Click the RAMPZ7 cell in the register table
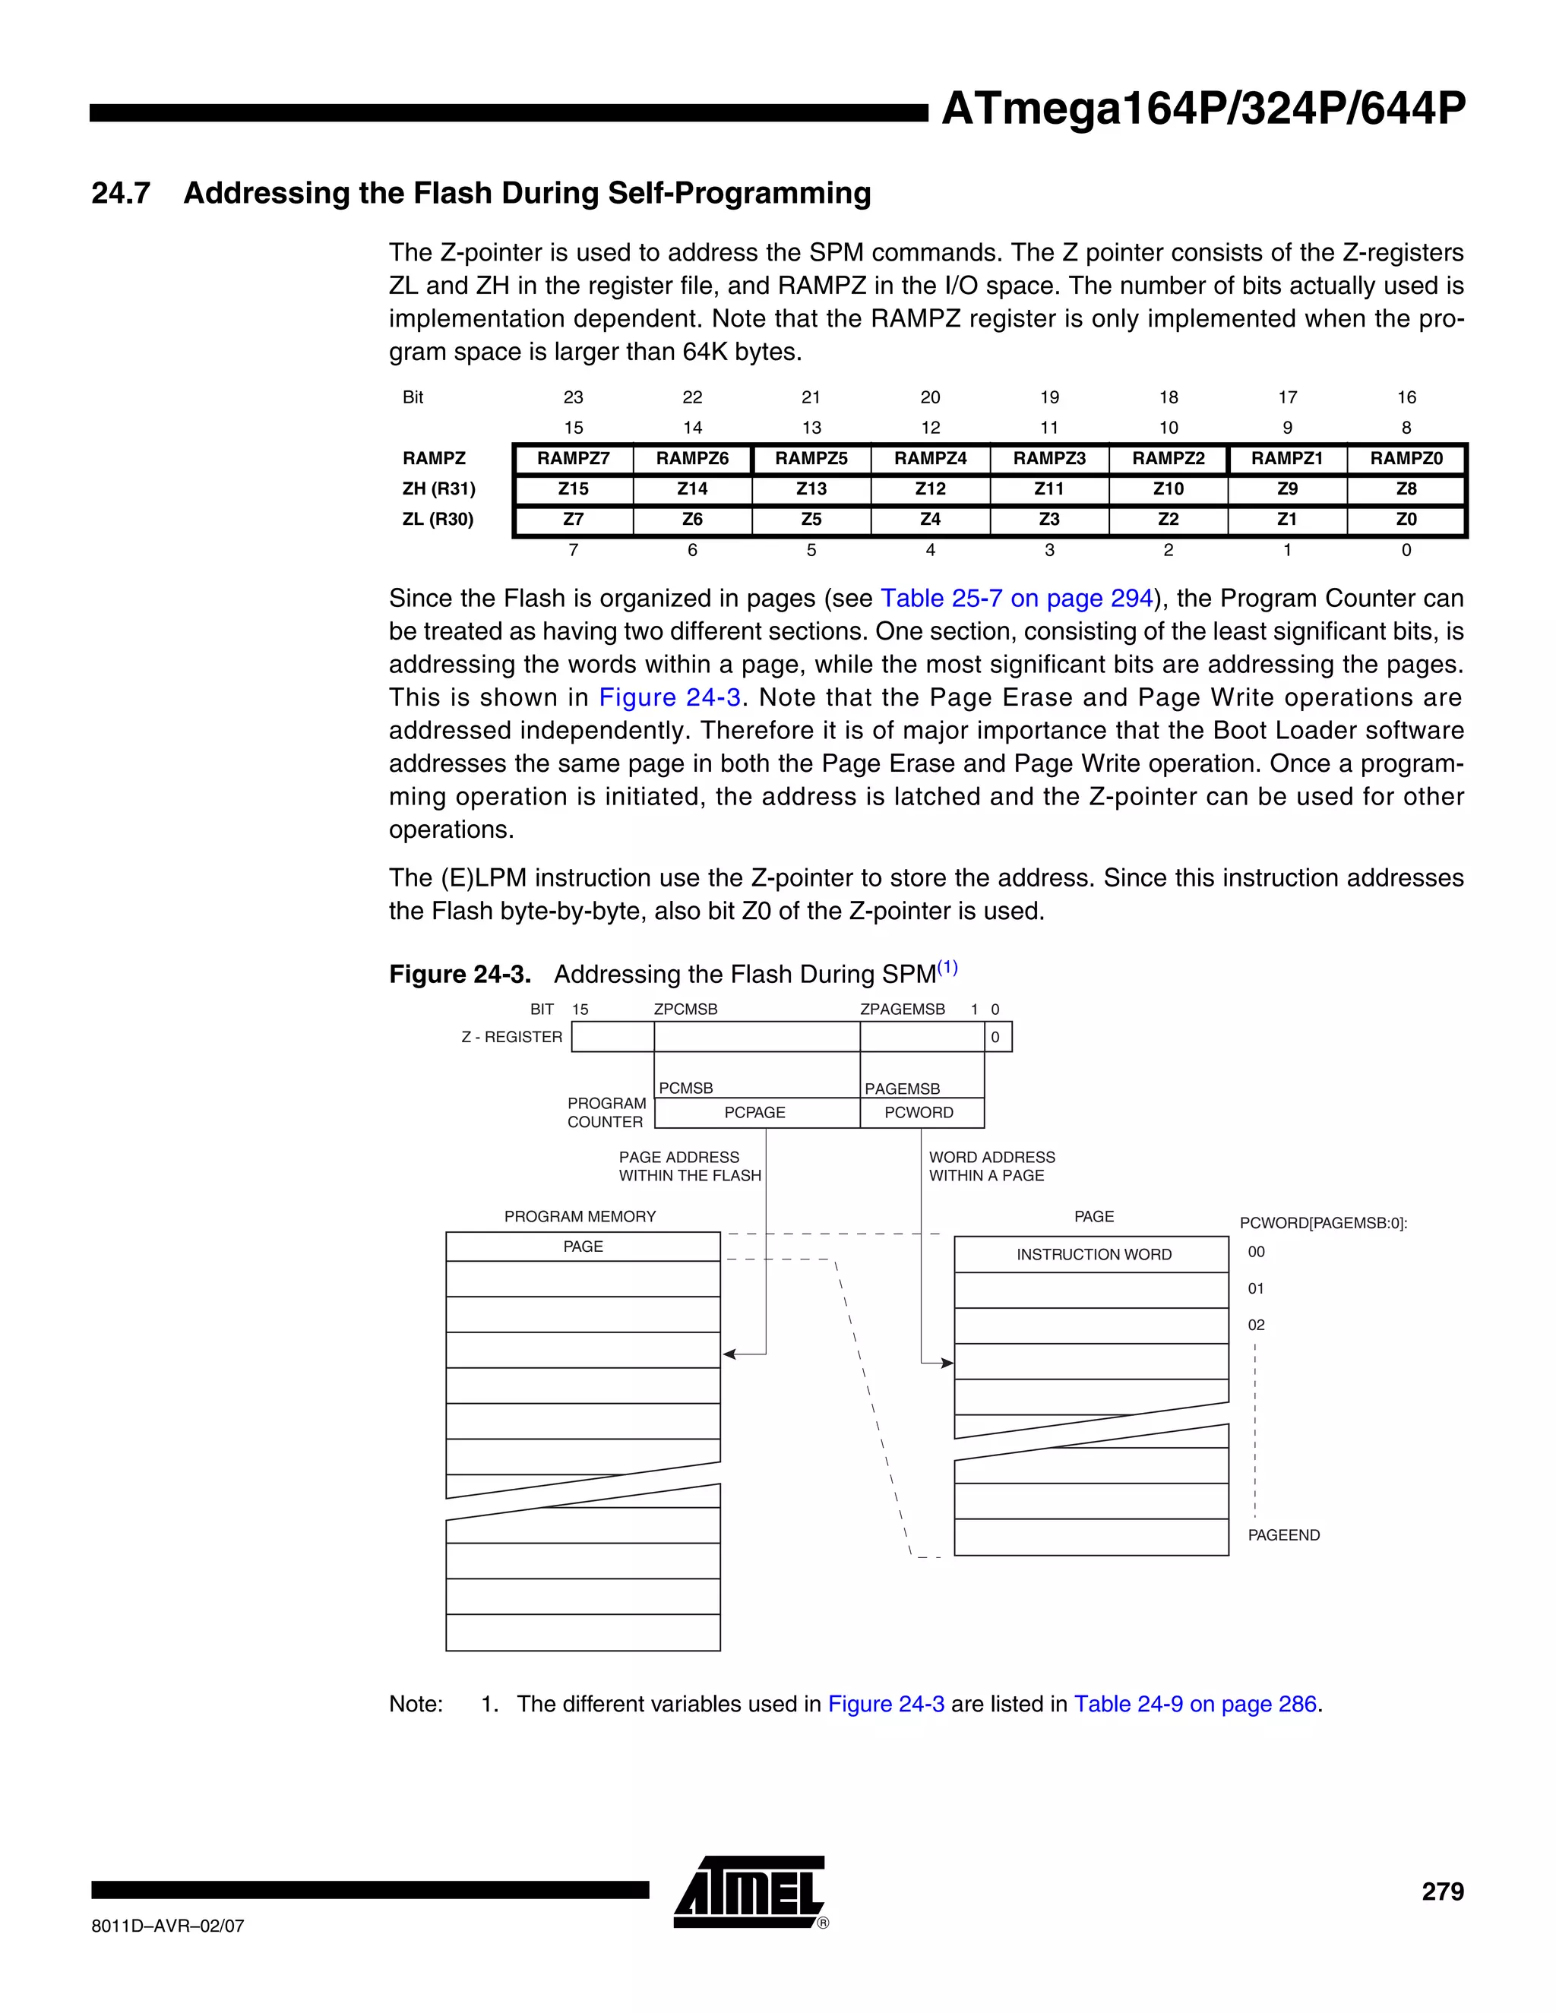click(574, 458)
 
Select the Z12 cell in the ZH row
click(930, 488)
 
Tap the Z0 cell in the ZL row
click(1406, 519)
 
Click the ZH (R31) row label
click(439, 488)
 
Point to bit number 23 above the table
click(574, 397)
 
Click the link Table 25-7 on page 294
click(1016, 598)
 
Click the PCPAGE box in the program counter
click(755, 1113)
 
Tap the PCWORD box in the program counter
click(919, 1113)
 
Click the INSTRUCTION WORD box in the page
click(1093, 1254)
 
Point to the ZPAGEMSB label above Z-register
click(903, 1010)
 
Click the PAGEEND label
click(1283, 1534)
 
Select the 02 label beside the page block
click(1255, 1325)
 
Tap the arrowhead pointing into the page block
click(947, 1364)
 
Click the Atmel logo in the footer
click(749, 1892)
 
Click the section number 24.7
click(121, 193)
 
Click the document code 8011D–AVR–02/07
click(168, 1926)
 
